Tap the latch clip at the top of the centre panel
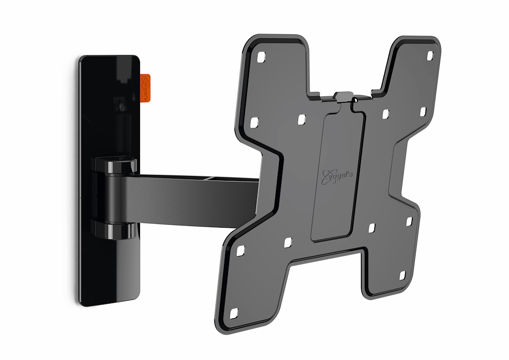345,98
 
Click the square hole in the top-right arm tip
429,54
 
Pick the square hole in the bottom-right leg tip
401,275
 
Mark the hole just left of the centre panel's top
301,119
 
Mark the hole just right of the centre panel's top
386,113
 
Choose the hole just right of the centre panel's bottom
372,227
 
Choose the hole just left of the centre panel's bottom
287,241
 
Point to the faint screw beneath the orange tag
121,107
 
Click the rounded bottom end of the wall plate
97,298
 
